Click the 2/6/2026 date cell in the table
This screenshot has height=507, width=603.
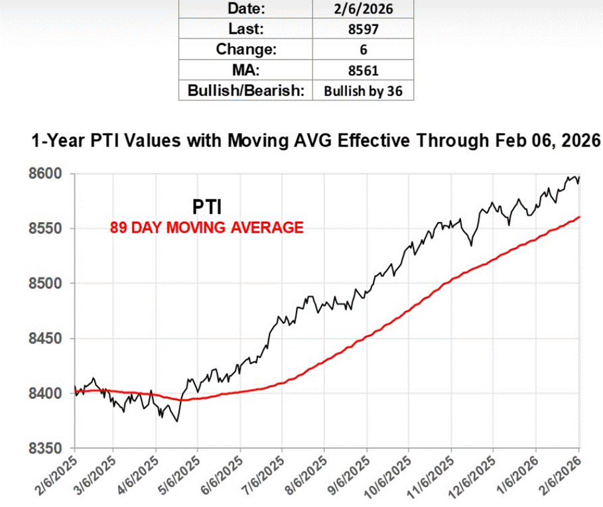tap(363, 9)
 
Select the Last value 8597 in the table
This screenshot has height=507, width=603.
tap(363, 29)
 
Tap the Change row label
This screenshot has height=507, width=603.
tap(245, 50)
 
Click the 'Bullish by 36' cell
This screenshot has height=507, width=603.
tap(363, 91)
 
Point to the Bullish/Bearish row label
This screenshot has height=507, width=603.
tap(245, 91)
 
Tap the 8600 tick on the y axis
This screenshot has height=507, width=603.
tap(47, 174)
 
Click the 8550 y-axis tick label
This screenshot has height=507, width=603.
tap(47, 229)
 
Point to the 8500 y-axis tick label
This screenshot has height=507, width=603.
tap(47, 284)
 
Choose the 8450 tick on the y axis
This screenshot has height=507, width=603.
tap(47, 339)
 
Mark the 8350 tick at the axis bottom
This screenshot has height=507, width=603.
tap(47, 448)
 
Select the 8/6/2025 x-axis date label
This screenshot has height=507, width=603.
tap(307, 472)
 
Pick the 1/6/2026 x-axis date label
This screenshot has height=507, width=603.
tap(518, 472)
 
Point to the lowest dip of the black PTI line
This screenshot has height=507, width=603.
tap(176, 421)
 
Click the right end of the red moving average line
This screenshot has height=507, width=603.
tap(580, 217)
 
